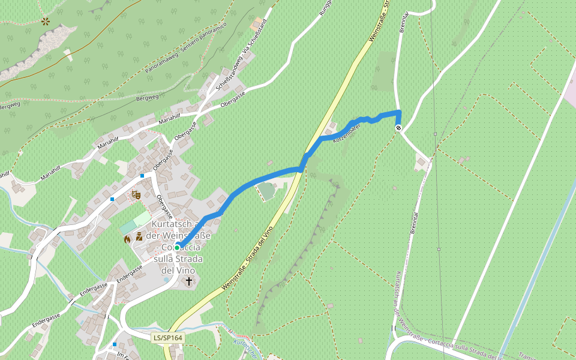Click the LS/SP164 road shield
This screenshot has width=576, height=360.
tap(167, 338)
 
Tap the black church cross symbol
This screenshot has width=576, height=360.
tap(189, 281)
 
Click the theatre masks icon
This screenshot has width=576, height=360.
tap(136, 194)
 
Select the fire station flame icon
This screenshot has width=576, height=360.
tap(127, 238)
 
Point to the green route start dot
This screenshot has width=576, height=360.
tap(178, 247)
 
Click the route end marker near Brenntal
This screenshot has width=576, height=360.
tap(398, 127)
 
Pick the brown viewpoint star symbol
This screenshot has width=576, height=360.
tap(46, 21)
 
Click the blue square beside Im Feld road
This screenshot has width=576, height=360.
tap(115, 344)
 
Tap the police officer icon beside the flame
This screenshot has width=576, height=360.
tap(139, 236)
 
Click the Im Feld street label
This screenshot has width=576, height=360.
tap(124, 356)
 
